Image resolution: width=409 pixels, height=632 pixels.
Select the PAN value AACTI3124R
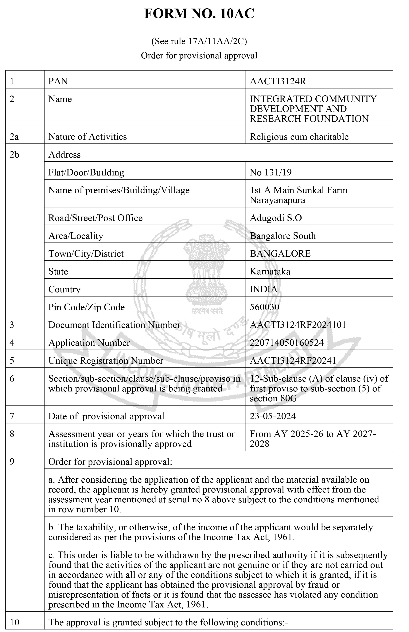(x=278, y=81)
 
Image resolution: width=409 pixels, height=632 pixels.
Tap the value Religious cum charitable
(x=299, y=136)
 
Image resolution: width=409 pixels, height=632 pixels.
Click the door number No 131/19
(x=271, y=172)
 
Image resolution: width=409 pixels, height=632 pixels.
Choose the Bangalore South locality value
(x=283, y=236)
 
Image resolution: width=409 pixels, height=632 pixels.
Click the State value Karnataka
(x=270, y=271)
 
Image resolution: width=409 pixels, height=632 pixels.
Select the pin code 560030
(x=264, y=307)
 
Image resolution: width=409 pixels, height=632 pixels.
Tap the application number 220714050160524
(x=287, y=343)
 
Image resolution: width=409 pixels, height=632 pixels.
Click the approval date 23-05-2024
(x=273, y=416)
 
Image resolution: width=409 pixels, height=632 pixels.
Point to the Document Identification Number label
(x=114, y=325)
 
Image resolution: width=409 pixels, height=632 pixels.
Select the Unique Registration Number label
(x=106, y=361)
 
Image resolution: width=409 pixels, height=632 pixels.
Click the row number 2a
(x=14, y=136)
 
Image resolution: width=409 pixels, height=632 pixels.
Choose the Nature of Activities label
(x=87, y=136)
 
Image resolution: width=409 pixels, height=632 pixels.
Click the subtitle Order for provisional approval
(x=199, y=56)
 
